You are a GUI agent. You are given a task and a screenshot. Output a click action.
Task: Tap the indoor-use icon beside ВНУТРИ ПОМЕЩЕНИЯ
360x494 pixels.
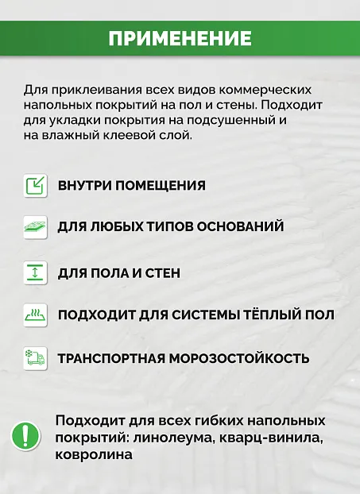35,186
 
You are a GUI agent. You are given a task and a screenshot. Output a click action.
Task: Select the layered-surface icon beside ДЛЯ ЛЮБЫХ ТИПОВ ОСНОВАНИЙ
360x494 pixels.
35,227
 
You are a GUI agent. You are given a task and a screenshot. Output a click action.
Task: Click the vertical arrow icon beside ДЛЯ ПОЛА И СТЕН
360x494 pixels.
35,272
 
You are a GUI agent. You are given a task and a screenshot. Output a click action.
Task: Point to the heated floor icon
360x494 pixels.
35,315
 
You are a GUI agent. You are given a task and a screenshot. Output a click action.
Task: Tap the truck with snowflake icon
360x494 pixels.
35,357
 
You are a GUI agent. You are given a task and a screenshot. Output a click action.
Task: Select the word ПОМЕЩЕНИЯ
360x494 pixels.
161,186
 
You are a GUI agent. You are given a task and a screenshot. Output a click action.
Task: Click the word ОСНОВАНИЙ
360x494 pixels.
240,227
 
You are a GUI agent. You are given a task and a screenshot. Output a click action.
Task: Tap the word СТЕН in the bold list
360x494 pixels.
162,272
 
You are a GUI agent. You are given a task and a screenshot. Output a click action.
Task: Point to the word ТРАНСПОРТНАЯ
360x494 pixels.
111,357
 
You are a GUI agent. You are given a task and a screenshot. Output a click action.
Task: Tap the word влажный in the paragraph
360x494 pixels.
69,136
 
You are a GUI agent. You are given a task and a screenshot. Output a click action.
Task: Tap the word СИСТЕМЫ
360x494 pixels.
185,315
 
